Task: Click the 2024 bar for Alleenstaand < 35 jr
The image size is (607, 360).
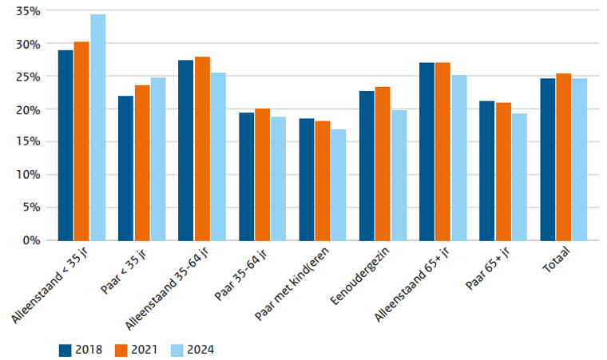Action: [x=97, y=128]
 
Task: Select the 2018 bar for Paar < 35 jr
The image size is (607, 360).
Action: [x=125, y=168]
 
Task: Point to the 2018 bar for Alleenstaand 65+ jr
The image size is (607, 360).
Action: [x=427, y=152]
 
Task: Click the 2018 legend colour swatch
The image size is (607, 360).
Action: [x=66, y=349]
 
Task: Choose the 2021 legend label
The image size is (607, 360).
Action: [x=146, y=349]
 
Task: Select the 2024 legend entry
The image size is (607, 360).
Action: [x=192, y=349]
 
